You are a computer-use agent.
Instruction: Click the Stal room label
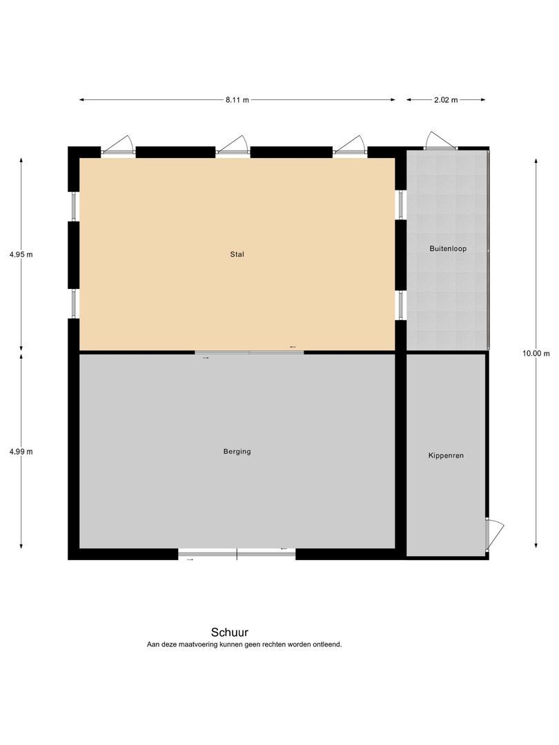pyautogui.click(x=237, y=254)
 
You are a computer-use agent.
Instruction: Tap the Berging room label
pyautogui.click(x=237, y=451)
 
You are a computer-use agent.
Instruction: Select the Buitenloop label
pyautogui.click(x=448, y=248)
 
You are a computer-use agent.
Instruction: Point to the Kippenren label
pyautogui.click(x=446, y=455)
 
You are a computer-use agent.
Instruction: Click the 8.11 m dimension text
pyautogui.click(x=237, y=100)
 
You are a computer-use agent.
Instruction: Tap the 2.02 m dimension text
pyautogui.click(x=446, y=100)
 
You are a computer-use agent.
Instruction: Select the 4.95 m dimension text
pyautogui.click(x=21, y=254)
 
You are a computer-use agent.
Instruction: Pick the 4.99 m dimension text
pyautogui.click(x=21, y=451)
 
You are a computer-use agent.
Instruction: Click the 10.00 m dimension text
pyautogui.click(x=536, y=353)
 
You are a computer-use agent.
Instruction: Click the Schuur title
pyautogui.click(x=230, y=633)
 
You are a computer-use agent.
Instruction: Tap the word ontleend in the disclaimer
pyautogui.click(x=327, y=645)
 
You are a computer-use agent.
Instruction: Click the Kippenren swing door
pyautogui.click(x=494, y=535)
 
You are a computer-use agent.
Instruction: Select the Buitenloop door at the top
pyautogui.click(x=440, y=141)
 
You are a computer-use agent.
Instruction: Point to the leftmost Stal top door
pyautogui.click(x=118, y=145)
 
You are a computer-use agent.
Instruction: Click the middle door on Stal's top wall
pyautogui.click(x=233, y=145)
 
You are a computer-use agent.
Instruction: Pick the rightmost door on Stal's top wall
pyautogui.click(x=350, y=145)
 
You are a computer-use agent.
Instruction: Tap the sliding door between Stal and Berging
pyautogui.click(x=249, y=352)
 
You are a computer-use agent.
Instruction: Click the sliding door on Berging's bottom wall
pyautogui.click(x=237, y=554)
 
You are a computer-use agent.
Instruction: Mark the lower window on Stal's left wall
pyautogui.click(x=74, y=304)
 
